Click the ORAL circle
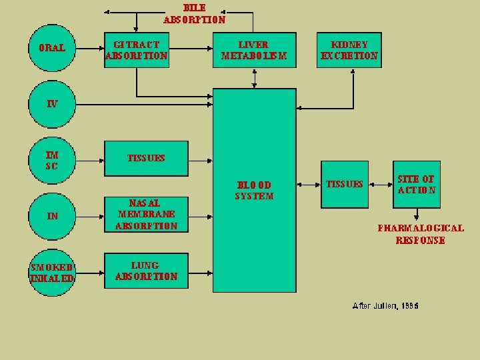click(x=52, y=49)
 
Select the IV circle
click(x=52, y=104)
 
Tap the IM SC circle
click(x=52, y=160)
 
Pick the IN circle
click(x=52, y=216)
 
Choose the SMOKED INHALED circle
click(x=52, y=273)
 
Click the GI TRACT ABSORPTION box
click(x=136, y=50)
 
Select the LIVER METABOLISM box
click(x=254, y=50)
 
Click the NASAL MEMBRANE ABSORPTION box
click(x=146, y=214)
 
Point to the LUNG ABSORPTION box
click(x=146, y=271)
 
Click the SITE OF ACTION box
click(x=417, y=184)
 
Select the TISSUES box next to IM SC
click(x=146, y=159)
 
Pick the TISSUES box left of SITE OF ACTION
click(x=344, y=184)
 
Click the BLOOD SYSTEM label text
click(x=254, y=190)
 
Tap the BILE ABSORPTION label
click(x=195, y=14)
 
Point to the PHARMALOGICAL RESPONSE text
click(x=421, y=234)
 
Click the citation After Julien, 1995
click(x=385, y=306)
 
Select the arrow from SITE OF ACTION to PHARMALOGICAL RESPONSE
click(x=417, y=214)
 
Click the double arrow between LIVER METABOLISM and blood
click(x=254, y=78)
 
